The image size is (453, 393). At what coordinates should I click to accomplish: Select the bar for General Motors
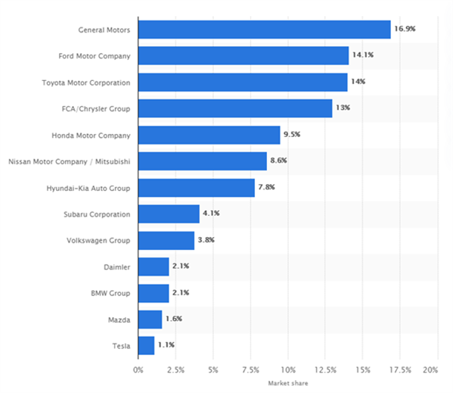point(265,30)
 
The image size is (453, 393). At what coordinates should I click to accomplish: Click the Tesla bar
point(146,345)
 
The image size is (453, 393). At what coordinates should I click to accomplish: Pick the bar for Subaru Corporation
point(169,214)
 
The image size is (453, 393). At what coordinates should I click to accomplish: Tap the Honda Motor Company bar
point(209,135)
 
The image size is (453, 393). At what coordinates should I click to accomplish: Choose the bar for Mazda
point(150,320)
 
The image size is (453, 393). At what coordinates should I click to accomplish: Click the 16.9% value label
point(405,29)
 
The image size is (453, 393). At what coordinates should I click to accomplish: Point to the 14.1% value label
point(363,55)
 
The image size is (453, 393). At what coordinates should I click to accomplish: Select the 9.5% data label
point(292,134)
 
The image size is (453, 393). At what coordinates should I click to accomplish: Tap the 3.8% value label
point(206,240)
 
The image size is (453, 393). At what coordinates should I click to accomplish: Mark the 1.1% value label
point(166,345)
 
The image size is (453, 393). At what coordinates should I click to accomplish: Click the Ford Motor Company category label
point(95,56)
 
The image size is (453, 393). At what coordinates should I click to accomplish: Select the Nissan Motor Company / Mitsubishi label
point(70,161)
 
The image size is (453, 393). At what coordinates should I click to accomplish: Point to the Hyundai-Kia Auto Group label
point(88,189)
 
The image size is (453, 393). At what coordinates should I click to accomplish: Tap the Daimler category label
point(117,267)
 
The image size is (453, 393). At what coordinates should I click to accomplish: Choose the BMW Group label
point(110,293)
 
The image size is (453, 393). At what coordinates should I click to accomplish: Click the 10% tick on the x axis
point(288,370)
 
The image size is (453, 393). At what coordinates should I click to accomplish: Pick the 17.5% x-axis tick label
point(400,370)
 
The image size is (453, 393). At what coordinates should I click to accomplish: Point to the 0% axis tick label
point(138,370)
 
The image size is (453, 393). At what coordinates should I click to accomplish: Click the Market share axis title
point(288,383)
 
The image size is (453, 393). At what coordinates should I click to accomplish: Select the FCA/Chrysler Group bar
point(235,108)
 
